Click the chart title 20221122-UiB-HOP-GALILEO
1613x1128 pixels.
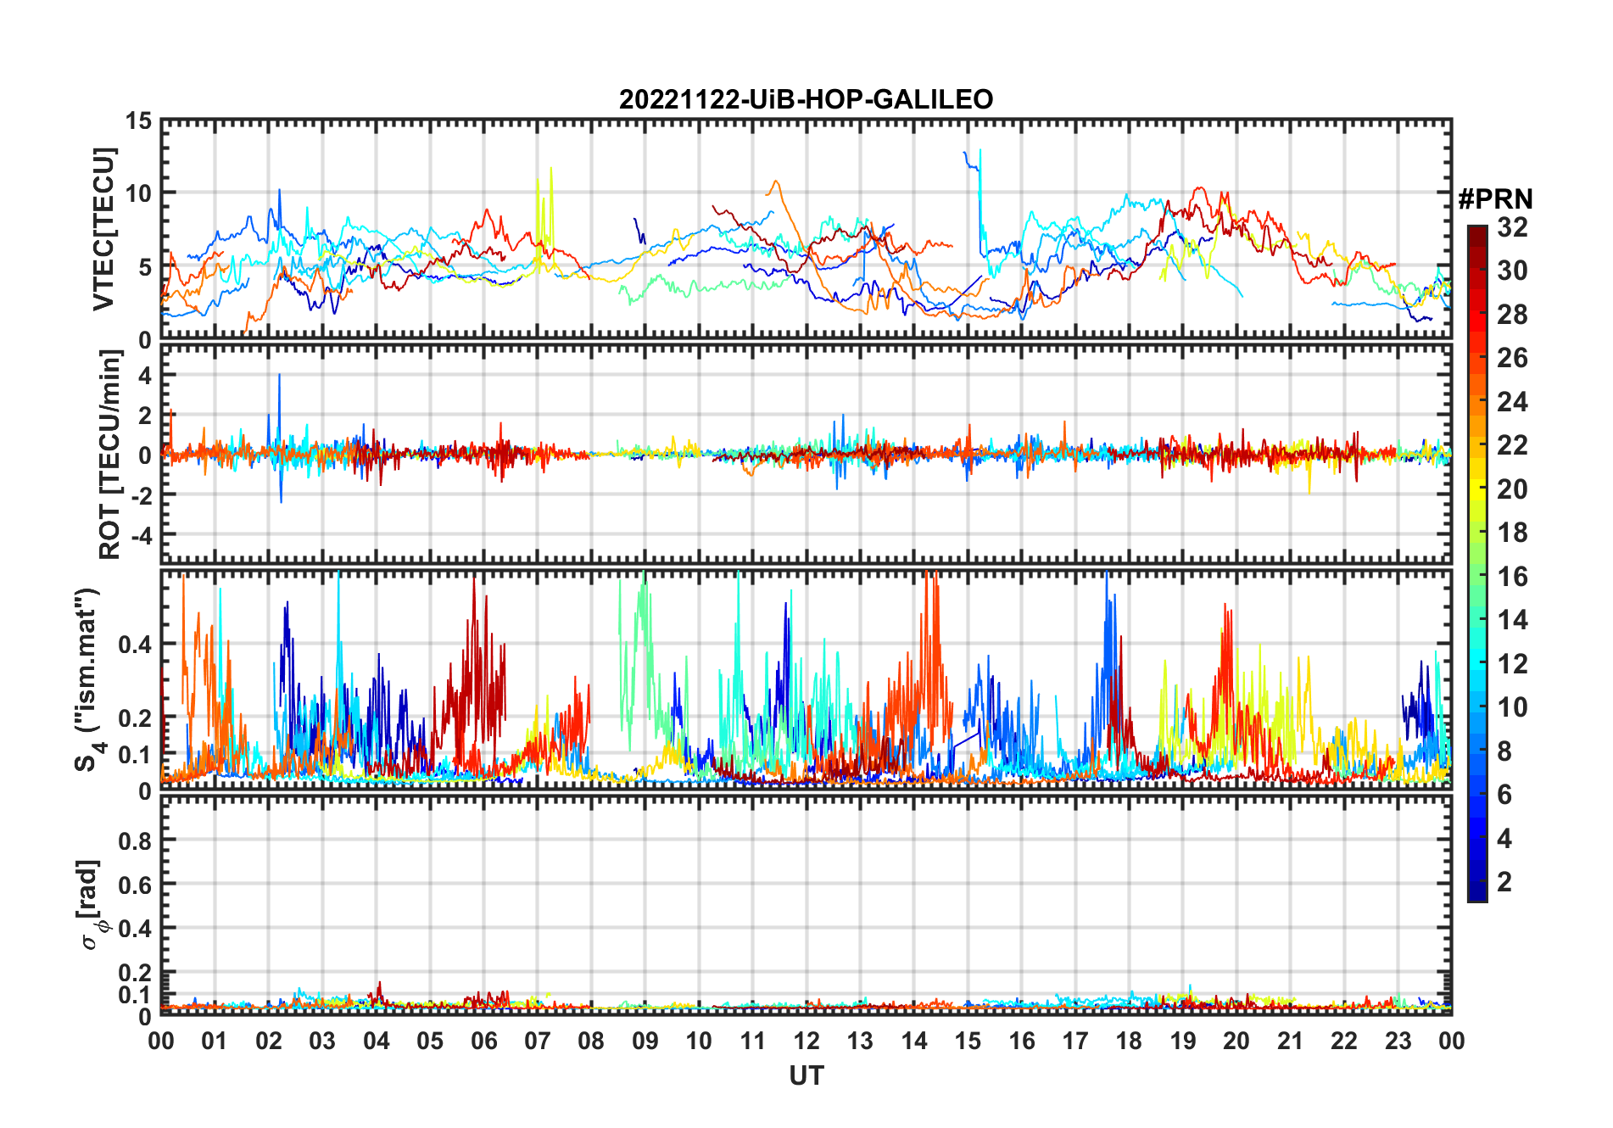[806, 100]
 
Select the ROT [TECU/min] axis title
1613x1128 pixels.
[109, 454]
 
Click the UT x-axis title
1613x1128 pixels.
[806, 1076]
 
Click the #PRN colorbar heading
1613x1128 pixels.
[1495, 199]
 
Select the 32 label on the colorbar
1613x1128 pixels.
[1512, 227]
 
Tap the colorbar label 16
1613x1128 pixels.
[1512, 577]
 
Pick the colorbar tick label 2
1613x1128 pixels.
[1504, 882]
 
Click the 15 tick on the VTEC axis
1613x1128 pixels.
[139, 121]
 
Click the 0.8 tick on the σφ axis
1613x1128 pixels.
[136, 840]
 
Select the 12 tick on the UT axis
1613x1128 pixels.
[806, 1041]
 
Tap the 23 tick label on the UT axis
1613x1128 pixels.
[1398, 1041]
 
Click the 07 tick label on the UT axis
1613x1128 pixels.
[538, 1041]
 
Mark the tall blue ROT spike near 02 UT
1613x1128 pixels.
[279, 377]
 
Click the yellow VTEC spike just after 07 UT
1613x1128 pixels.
[551, 170]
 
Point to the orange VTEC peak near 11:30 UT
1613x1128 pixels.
[773, 182]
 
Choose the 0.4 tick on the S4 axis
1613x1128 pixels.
[136, 645]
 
